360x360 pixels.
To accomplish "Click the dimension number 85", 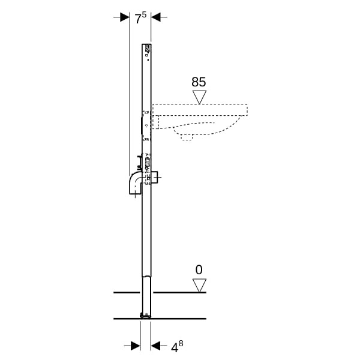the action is (199, 82).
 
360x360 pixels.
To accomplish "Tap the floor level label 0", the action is (199, 270).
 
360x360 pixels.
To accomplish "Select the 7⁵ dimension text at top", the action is (140, 18).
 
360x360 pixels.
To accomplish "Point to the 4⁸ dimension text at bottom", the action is (177, 346).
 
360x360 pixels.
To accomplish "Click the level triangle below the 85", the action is (199, 97).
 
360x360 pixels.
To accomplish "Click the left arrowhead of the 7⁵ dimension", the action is (125, 17).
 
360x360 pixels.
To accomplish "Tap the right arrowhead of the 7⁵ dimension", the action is (156, 17).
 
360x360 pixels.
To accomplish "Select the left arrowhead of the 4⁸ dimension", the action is (136, 346).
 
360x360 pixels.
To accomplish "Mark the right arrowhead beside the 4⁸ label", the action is (155, 346).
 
